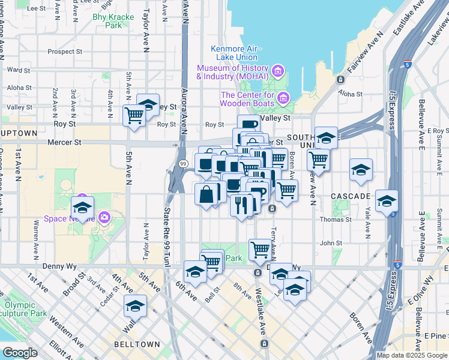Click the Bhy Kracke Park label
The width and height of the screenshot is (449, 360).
[107, 22]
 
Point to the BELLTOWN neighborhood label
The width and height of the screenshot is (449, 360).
[137, 344]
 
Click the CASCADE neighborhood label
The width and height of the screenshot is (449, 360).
[351, 196]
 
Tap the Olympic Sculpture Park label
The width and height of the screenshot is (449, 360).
[24, 309]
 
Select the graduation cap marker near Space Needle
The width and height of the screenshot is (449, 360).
[82, 208]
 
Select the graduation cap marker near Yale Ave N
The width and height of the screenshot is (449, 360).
[361, 170]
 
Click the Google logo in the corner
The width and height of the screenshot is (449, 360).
[20, 353]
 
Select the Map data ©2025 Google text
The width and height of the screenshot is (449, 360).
[412, 355]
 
